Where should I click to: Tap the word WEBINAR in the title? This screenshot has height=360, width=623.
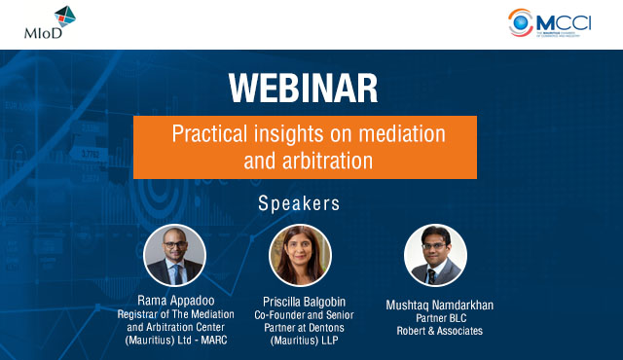point(305,88)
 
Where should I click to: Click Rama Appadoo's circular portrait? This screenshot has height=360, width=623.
point(174,255)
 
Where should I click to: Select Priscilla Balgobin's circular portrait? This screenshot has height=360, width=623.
point(300,255)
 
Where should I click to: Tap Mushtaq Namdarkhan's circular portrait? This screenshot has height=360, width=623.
point(435,255)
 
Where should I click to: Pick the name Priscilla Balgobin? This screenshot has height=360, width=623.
point(304,302)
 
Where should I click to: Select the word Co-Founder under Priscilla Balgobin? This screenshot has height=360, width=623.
point(282,314)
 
